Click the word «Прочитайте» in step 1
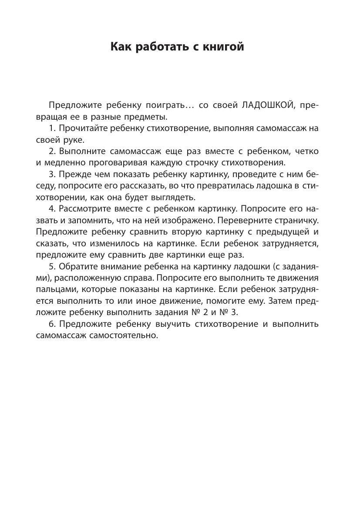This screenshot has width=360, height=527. pyautogui.click(x=83, y=128)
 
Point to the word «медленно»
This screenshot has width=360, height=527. pyautogui.click(x=65, y=163)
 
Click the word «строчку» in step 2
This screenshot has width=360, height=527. pyautogui.click(x=210, y=163)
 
